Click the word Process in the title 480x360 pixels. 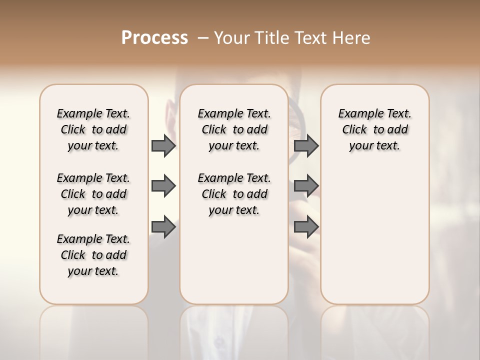coord(154,37)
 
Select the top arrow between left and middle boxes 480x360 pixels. coord(163,146)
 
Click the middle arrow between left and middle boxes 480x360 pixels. coord(163,186)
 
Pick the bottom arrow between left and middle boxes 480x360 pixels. coord(163,227)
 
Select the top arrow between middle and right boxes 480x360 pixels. coord(306,146)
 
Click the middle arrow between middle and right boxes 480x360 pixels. coord(306,186)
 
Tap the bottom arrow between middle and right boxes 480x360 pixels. coord(306,227)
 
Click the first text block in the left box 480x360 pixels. coord(93,129)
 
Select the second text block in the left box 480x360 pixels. coord(93,194)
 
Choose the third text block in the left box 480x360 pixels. coord(93,255)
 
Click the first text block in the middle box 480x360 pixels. coord(234,129)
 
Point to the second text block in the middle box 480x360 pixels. coord(234,194)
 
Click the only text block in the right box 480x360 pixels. coord(375,129)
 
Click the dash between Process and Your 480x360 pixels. coord(202,38)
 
